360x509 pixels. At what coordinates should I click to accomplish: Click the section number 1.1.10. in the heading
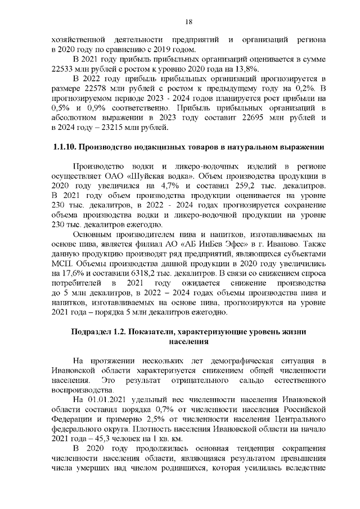tap(61, 148)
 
